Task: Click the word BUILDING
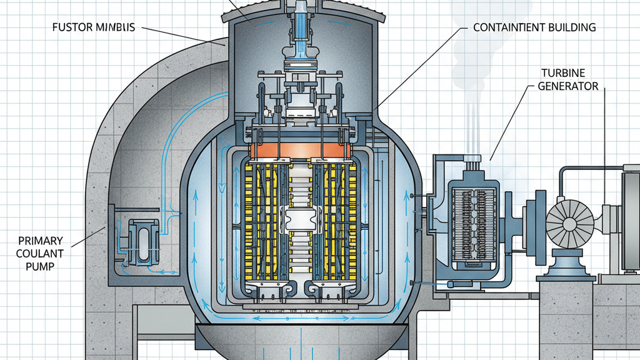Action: pos(570,28)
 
